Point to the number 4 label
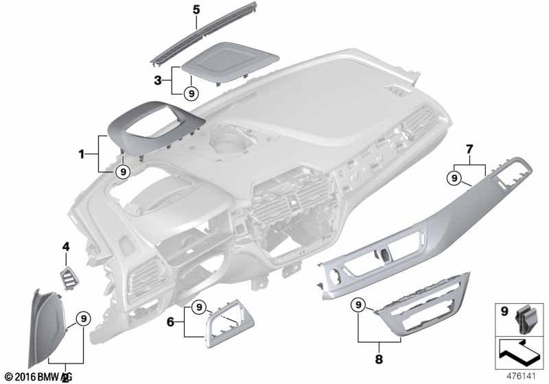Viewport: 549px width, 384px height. click(x=66, y=245)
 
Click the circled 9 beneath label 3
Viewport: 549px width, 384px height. click(x=191, y=94)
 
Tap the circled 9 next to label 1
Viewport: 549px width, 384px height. click(x=122, y=171)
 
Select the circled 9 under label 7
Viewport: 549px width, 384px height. click(x=453, y=179)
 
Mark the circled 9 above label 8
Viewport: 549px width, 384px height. click(x=358, y=304)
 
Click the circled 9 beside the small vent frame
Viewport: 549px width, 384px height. click(x=197, y=306)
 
